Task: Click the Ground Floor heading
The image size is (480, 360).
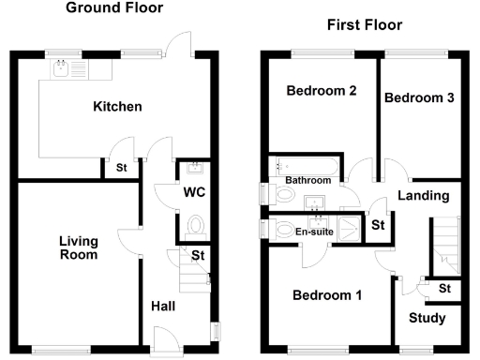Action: pos(113,8)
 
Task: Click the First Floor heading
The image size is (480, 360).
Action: pos(365,25)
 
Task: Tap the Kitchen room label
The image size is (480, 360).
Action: pos(117,107)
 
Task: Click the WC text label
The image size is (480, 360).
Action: pos(195,193)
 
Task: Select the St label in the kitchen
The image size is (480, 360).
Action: pos(121,169)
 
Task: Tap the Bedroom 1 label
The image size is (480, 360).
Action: pos(326,296)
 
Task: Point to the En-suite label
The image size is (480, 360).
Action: pos(312,231)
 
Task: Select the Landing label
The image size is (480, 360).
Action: pos(423,196)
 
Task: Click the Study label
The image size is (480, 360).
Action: pos(427,319)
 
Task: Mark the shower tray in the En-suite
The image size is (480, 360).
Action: pos(348,230)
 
